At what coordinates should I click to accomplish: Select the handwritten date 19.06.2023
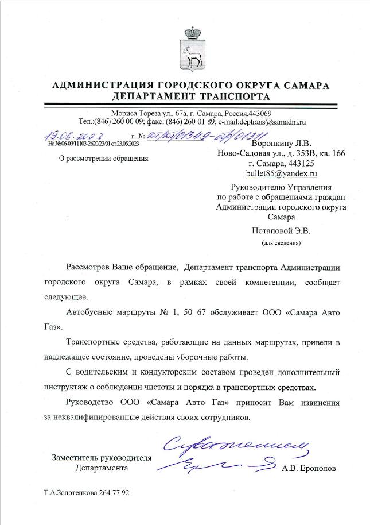[x=75, y=136]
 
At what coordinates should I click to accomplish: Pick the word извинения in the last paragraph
[x=319, y=402]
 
